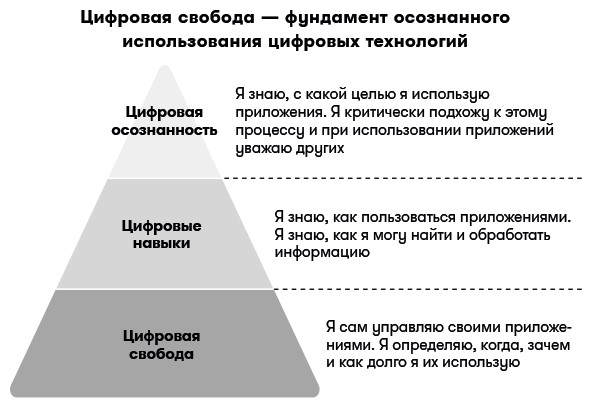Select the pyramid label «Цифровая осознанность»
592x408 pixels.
point(164,121)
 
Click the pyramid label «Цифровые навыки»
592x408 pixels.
point(161,234)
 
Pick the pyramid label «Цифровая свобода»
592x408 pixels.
point(161,345)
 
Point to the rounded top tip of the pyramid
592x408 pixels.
point(164,68)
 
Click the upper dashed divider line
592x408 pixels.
point(403,178)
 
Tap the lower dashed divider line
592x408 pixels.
point(429,289)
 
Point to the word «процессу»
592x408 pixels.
point(270,131)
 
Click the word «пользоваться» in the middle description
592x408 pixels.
point(408,217)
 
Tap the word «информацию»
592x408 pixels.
point(322,252)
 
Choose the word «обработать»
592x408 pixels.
point(510,235)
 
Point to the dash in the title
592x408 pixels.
point(270,18)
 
